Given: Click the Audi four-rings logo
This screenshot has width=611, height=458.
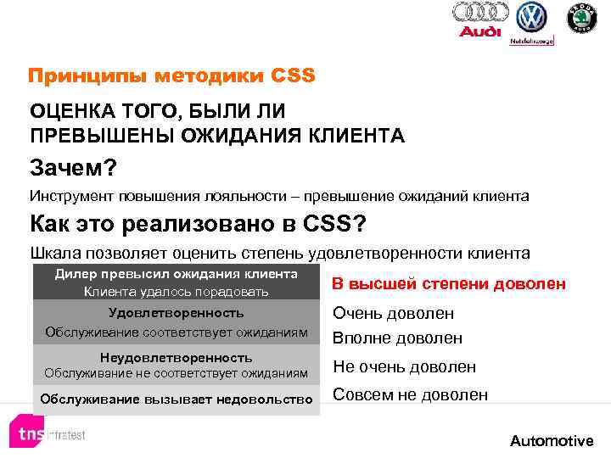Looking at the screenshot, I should coord(480,13).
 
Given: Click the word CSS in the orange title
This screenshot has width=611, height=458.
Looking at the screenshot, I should coord(294,76).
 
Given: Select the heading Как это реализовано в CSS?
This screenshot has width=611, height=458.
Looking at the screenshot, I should coord(198,225).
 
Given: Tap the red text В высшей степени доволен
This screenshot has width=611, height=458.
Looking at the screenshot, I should coord(448,283).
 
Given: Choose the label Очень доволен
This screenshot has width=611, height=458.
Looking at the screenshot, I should coord(393,313).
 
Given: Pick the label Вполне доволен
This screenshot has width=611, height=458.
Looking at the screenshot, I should coord(397,338).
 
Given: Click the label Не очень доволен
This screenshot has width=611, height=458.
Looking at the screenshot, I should coord(404,366).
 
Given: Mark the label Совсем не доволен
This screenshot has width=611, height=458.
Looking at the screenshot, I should coord(410,394).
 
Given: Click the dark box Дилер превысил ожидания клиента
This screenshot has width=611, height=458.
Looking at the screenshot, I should coord(177,282).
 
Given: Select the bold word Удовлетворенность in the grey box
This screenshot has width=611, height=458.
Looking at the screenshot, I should coord(177,313).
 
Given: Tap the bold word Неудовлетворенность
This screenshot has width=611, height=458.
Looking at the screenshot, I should coord(177,357).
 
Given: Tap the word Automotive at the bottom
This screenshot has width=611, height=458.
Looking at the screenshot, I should coord(552,440).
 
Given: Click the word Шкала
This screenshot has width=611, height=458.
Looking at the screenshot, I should coord(54,253).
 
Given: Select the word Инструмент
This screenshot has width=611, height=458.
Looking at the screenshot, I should coord(72,196).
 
